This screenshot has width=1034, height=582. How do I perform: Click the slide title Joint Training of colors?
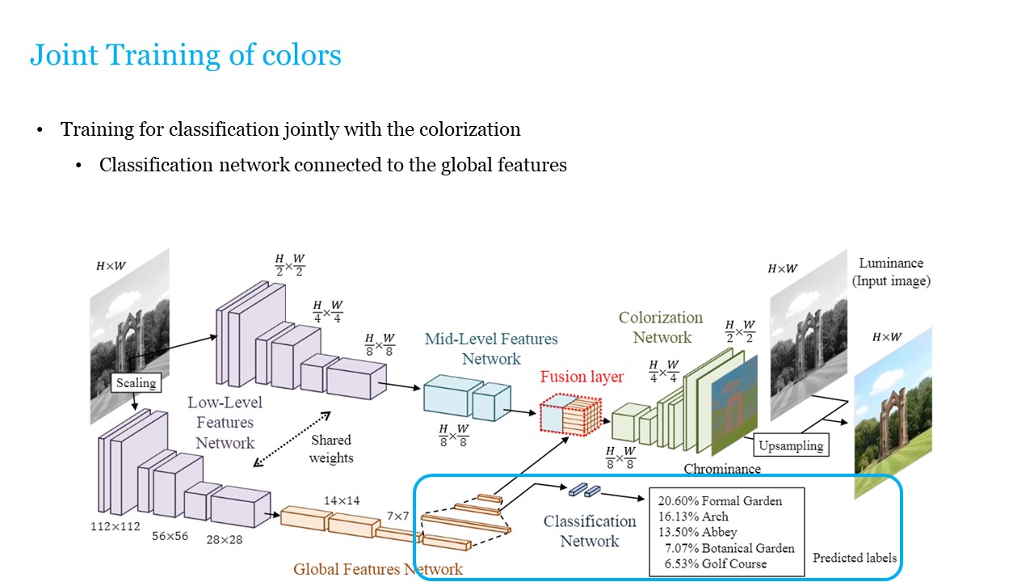tap(185, 55)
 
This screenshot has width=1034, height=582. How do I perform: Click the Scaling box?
tap(134, 382)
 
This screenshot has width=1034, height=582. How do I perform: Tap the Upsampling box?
tap(791, 445)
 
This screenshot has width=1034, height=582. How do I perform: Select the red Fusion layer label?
tap(582, 377)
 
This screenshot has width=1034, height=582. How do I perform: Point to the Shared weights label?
tap(331, 449)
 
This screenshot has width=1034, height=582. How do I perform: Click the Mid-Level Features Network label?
tap(491, 348)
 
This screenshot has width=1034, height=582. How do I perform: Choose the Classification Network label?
tap(590, 531)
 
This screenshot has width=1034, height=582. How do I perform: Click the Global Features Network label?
tap(378, 569)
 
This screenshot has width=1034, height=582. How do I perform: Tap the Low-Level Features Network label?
tap(225, 422)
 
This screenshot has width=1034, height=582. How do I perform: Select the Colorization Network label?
tap(661, 327)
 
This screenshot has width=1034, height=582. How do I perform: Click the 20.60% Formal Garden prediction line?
tap(720, 501)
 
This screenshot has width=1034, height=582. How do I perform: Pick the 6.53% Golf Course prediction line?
tap(715, 563)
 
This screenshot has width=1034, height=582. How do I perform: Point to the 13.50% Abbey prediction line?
tap(697, 532)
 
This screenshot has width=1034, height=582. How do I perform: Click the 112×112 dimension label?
tap(115, 527)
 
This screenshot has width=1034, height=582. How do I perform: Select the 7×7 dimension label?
tap(397, 516)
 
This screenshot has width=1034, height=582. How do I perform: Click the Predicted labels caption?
tap(854, 558)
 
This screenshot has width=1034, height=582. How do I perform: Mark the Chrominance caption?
tap(722, 469)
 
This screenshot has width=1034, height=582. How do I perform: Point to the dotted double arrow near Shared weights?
tap(292, 439)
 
